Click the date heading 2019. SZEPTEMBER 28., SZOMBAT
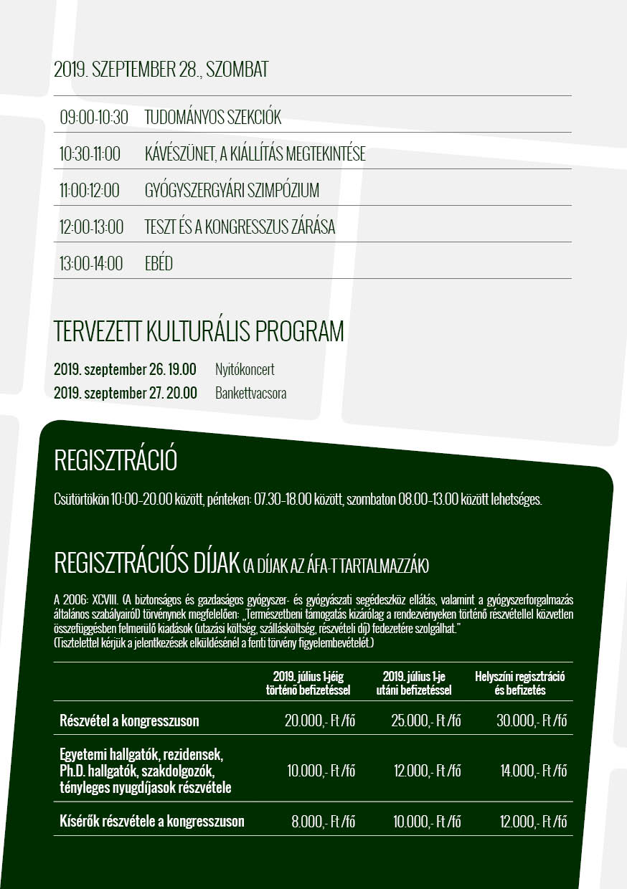pos(161,70)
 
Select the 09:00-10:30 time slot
pos(94,118)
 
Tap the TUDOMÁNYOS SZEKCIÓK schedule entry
pos(213,118)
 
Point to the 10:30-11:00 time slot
pos(90,154)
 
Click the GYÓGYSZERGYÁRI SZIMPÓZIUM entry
pos(232,191)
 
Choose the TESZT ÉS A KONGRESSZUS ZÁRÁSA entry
pos(240,227)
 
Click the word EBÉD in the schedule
pos(159,264)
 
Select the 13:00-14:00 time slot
pos(91,264)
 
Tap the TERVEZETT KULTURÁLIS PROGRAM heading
pos(199,332)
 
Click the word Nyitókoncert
pos(245,370)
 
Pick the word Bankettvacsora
pos(250,393)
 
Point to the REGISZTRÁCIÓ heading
pos(115,461)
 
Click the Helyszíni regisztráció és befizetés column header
pos(520,683)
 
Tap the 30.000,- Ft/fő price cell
pos(532,721)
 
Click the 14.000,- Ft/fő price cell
pos(533,771)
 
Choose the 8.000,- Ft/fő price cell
pos(323,822)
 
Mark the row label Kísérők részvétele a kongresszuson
pos(152,822)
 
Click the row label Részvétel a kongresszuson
pos(129,721)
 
